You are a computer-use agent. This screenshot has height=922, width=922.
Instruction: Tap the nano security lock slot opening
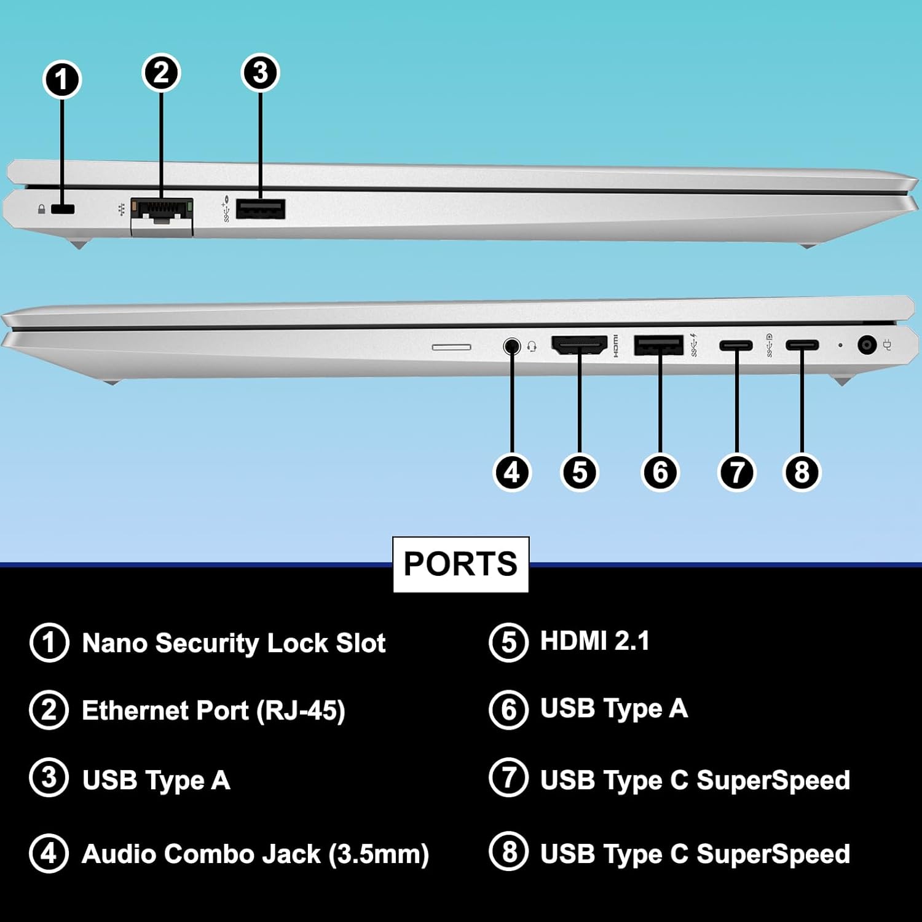tap(62, 209)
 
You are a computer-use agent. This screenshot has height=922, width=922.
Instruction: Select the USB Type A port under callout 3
tap(260, 210)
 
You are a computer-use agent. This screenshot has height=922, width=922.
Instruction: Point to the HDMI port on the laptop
tap(579, 345)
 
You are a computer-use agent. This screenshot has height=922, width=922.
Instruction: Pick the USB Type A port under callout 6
tap(658, 345)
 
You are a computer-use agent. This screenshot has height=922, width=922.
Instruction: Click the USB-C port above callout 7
tap(736, 345)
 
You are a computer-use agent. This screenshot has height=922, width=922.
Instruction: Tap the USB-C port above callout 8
tap(802, 345)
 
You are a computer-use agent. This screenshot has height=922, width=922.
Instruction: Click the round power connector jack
tap(867, 345)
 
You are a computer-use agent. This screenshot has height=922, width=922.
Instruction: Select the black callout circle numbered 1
tap(61, 80)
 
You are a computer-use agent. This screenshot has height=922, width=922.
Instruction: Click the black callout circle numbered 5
tap(580, 472)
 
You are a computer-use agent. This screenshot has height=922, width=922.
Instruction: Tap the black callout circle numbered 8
tap(802, 472)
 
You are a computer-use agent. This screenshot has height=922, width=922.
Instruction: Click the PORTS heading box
tap(460, 564)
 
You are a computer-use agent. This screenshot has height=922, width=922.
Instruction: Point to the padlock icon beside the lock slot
tap(41, 210)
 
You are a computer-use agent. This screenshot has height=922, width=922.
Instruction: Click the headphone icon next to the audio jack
tap(532, 347)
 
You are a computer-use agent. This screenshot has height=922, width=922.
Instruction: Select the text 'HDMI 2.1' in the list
tap(594, 641)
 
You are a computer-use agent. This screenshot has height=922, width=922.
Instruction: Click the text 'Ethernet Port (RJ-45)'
tap(213, 711)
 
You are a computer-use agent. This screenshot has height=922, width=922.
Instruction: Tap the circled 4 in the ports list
tap(49, 854)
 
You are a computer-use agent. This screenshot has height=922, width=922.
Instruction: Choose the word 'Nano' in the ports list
tap(114, 644)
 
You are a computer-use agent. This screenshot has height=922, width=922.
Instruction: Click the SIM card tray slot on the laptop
tap(452, 347)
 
